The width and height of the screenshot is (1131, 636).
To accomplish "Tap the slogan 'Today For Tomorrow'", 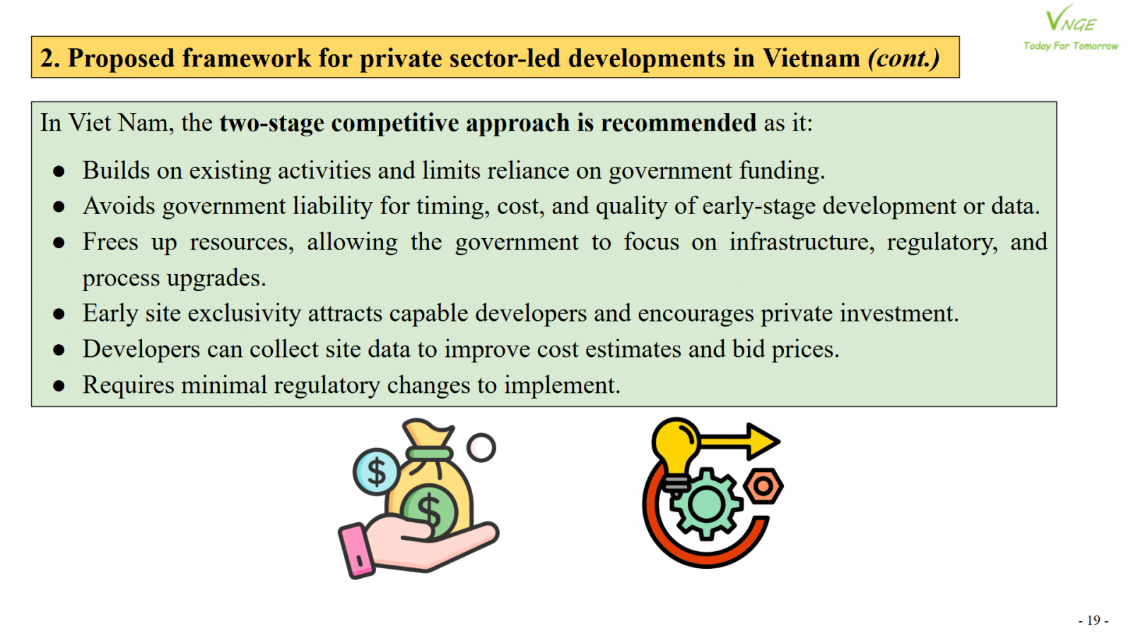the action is pos(1071,46).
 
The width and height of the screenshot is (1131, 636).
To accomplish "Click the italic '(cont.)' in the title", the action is pos(904,58).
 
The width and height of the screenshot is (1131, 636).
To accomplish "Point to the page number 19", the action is pos(1094,620).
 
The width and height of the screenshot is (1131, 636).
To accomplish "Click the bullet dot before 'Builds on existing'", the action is pos(59,171).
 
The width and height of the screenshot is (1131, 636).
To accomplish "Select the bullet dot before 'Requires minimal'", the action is pos(59,386).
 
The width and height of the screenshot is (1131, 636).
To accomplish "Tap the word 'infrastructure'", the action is pos(802,242).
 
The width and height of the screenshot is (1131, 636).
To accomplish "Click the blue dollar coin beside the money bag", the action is pos(377,472).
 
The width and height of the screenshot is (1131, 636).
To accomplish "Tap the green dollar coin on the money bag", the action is pos(429,510).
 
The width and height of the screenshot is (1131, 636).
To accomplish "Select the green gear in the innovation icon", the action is pos(705,504).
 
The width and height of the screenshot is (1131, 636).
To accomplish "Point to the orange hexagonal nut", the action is pos(763,486).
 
